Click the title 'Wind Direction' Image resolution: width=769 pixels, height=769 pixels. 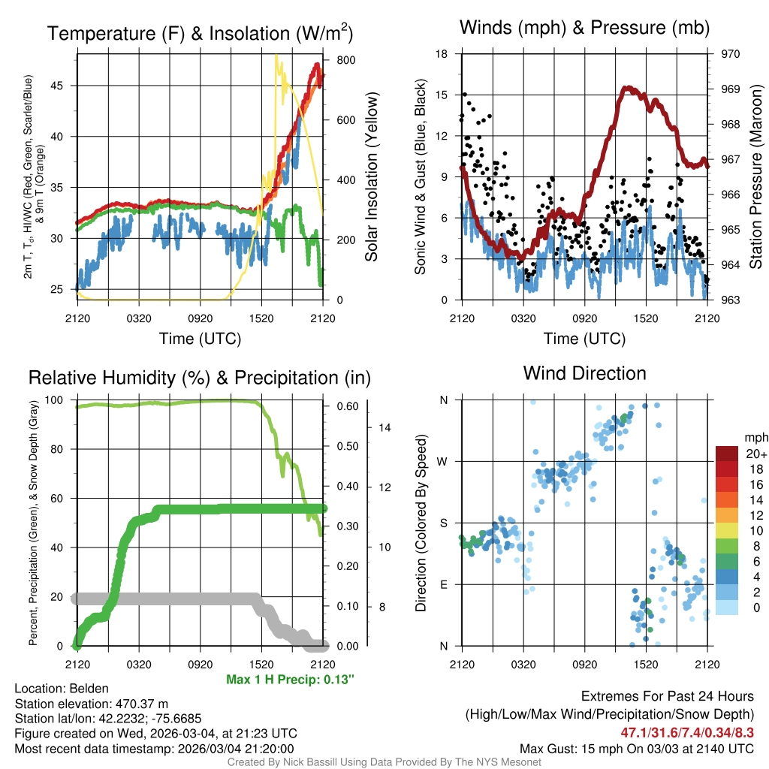click(584, 373)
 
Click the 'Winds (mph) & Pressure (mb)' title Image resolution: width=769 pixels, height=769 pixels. click(584, 29)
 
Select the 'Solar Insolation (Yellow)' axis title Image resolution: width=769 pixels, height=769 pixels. click(371, 177)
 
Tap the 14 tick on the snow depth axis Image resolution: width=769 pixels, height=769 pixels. click(384, 428)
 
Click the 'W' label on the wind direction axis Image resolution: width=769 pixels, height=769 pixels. click(444, 461)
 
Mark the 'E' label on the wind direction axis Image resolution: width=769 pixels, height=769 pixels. click(445, 584)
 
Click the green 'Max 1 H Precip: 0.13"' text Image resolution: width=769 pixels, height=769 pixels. click(290, 679)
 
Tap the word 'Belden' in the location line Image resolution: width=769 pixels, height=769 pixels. click(90, 689)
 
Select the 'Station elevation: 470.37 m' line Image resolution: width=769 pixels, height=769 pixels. click(77, 704)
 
